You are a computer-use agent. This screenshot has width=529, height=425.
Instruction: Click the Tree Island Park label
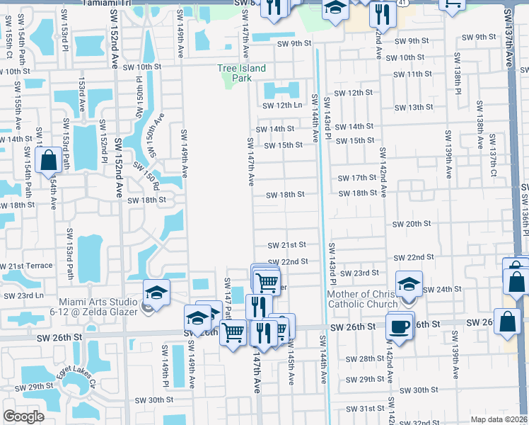click(241, 73)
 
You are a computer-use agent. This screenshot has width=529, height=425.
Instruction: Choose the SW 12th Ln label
click(282, 106)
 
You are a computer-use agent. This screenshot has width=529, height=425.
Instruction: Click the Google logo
click(23, 416)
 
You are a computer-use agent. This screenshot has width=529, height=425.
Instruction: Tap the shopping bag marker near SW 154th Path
click(48, 160)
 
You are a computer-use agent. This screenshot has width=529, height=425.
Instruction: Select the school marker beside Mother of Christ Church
click(409, 283)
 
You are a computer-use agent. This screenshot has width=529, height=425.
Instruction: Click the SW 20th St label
click(412, 224)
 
